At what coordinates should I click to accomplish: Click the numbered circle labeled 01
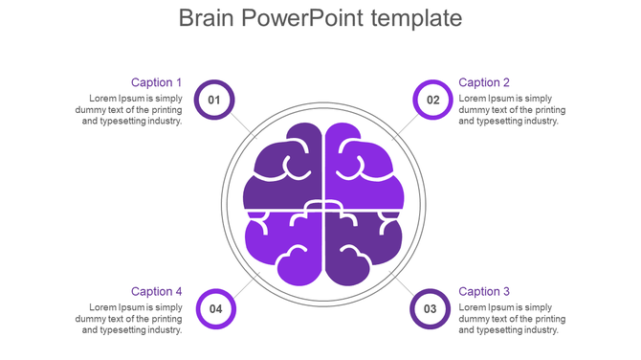213,100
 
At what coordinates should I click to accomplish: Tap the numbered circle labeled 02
432,100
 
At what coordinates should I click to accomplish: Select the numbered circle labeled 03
430,308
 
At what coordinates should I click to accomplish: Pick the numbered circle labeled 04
215,308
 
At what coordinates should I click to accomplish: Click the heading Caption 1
156,82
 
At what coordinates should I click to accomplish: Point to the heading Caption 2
484,82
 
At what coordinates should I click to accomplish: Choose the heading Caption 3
484,291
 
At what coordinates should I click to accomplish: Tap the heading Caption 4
156,291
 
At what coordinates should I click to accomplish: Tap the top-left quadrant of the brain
282,168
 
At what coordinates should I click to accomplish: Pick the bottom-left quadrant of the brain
284,244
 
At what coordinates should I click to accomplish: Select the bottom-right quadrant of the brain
362,244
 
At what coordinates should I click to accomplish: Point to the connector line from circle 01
243,125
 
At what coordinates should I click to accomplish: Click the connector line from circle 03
402,284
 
